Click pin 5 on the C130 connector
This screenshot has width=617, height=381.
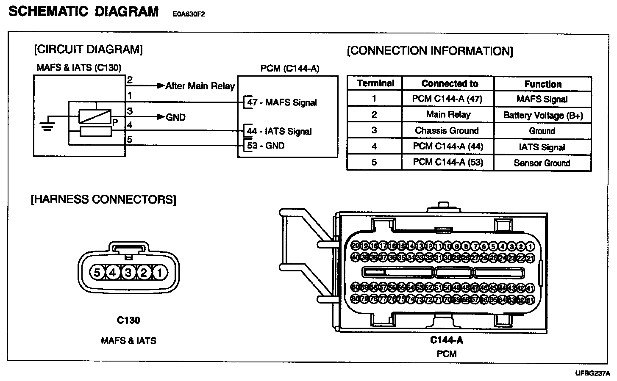tap(97, 273)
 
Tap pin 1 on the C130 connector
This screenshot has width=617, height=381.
tap(159, 273)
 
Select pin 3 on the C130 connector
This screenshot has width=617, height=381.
tap(128, 273)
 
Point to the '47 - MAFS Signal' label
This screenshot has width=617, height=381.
tap(282, 102)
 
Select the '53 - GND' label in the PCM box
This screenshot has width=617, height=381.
tap(266, 146)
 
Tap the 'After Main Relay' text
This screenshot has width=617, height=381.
tap(200, 86)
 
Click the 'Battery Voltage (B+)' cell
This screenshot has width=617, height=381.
tap(543, 115)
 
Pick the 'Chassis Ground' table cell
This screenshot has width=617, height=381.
tap(447, 131)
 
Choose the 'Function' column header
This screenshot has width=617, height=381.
tap(543, 84)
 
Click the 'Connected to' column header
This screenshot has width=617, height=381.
tap(450, 84)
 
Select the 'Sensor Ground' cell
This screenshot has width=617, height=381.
tap(542, 163)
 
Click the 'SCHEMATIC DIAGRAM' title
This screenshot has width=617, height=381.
tap(83, 11)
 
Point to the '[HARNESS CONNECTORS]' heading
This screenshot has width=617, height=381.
tap(103, 199)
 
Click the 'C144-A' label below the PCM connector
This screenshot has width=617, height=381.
tap(447, 340)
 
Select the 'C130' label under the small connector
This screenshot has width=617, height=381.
tap(128, 320)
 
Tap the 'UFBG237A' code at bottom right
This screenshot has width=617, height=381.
tap(592, 373)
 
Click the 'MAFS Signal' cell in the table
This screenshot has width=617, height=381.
tap(542, 99)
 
